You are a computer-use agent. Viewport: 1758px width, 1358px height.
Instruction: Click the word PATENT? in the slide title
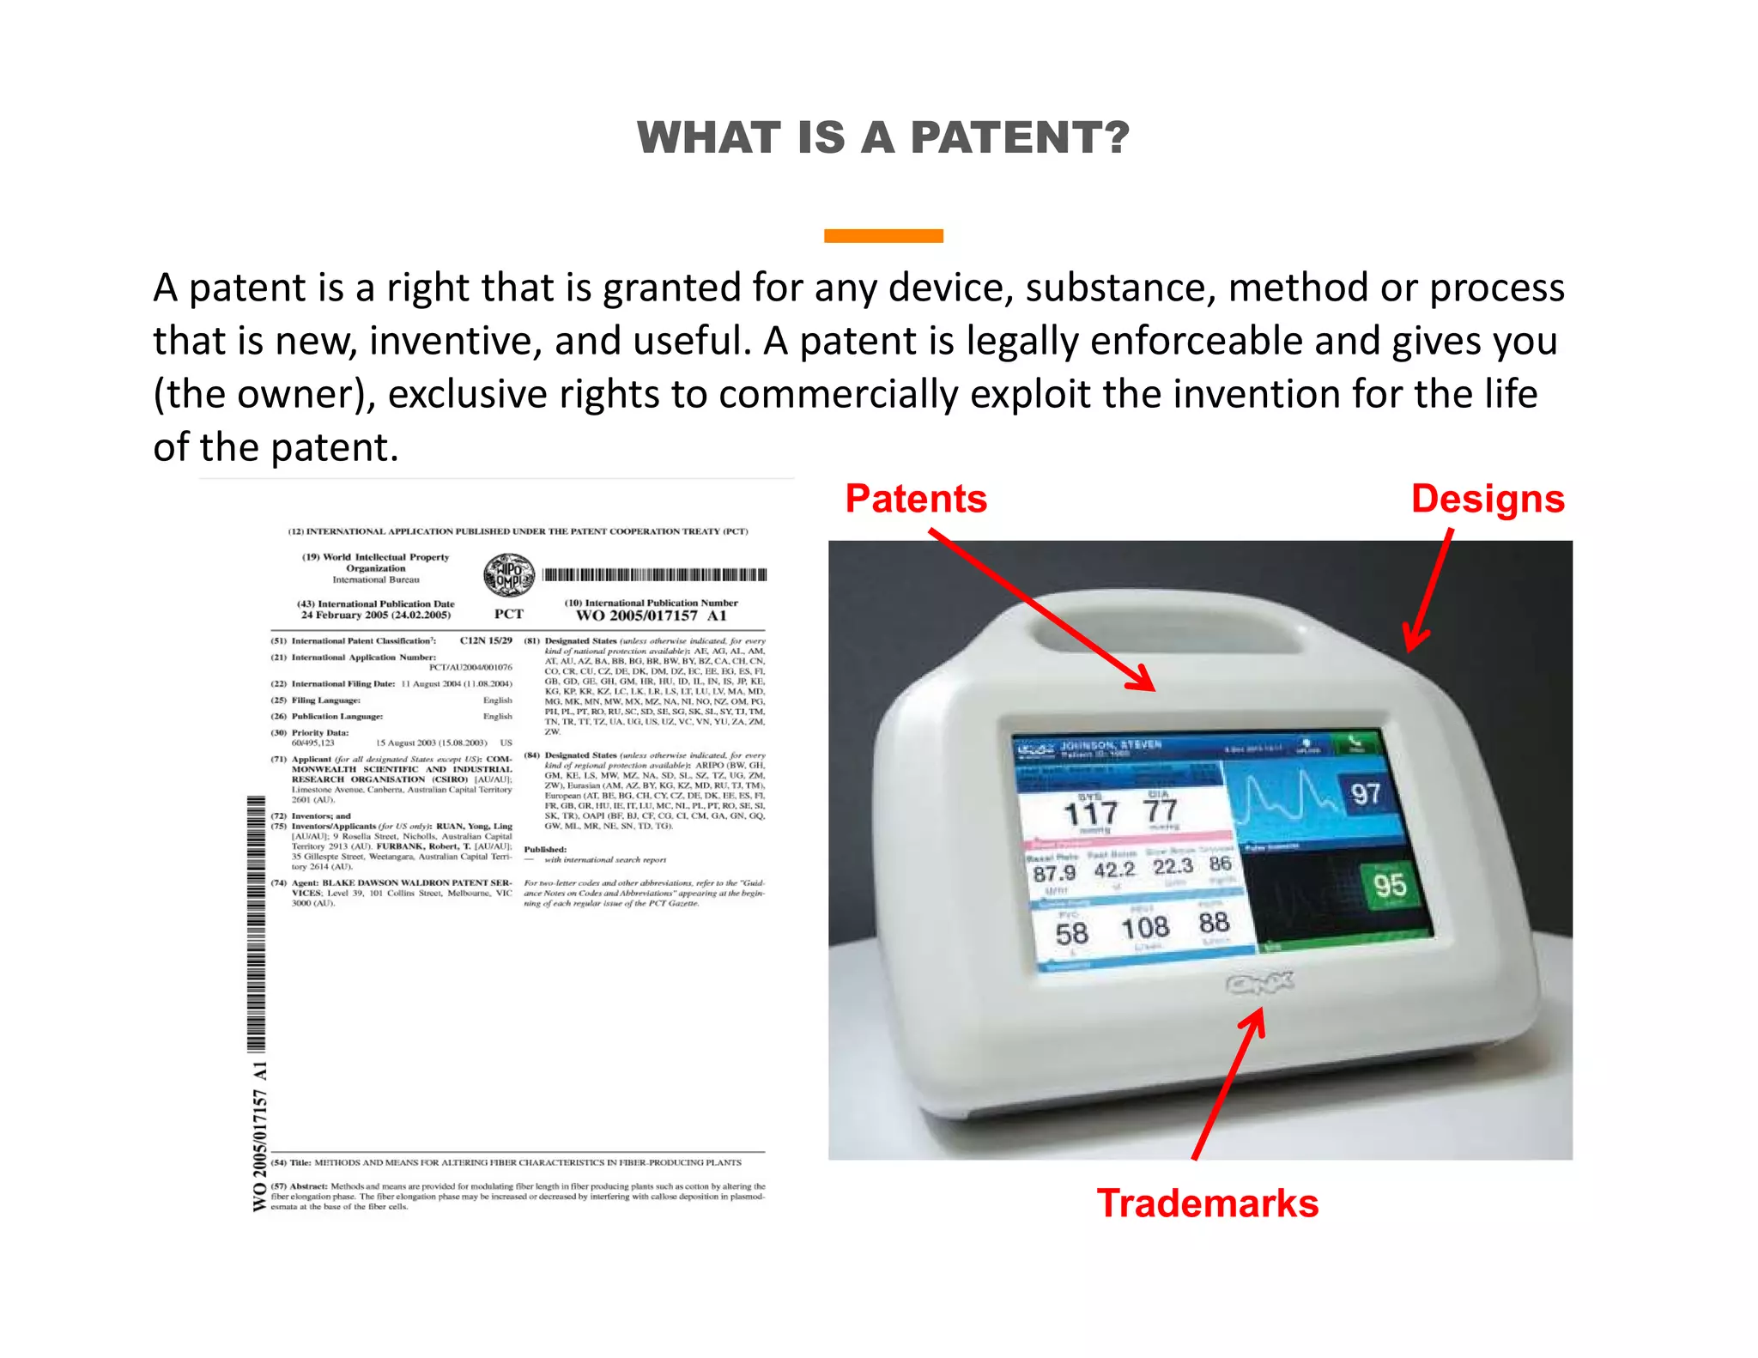click(1020, 138)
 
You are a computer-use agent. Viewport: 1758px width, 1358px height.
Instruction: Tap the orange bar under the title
click(882, 236)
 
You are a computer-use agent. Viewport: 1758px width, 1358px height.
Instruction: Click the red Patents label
click(916, 499)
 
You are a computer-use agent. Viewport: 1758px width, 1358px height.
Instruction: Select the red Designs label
click(1488, 499)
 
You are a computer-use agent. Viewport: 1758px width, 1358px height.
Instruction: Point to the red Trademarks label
click(1207, 1203)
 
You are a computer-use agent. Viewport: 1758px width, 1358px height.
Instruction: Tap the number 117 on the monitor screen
click(1090, 812)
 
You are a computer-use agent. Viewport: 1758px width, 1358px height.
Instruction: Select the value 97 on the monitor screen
click(1366, 794)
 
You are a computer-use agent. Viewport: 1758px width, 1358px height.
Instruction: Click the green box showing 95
click(1390, 885)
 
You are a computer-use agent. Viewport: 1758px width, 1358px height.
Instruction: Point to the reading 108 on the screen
click(1145, 928)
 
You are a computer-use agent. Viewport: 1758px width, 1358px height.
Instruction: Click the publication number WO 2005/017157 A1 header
click(651, 615)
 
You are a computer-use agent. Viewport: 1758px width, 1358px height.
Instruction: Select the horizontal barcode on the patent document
click(655, 575)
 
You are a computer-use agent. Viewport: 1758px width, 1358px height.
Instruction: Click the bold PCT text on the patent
click(508, 615)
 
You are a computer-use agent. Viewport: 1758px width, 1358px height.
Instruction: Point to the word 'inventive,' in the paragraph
click(456, 341)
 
